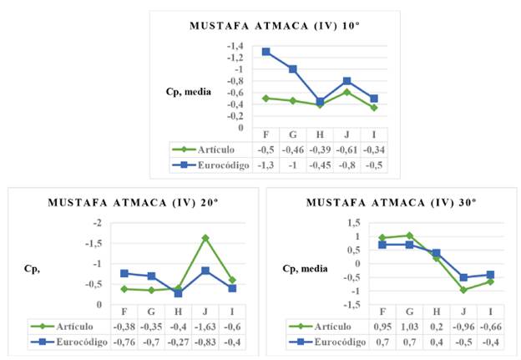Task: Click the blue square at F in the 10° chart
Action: point(266,52)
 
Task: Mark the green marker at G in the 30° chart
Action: point(410,236)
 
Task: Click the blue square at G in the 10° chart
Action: point(292,69)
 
